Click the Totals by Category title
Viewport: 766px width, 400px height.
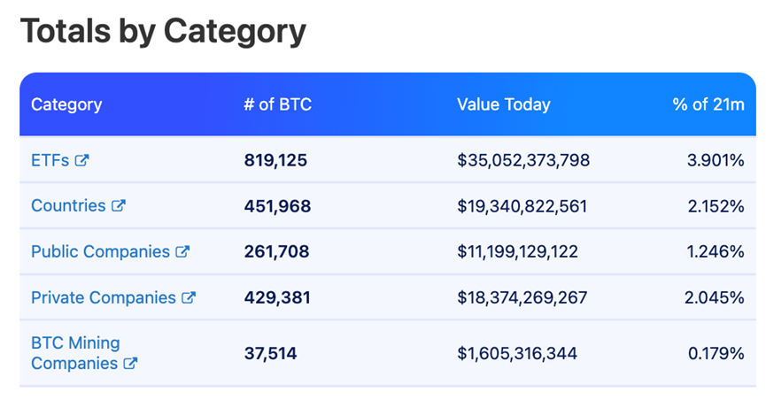163,32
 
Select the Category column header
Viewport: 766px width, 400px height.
66,104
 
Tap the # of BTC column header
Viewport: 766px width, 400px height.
278,104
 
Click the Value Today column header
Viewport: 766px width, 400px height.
503,104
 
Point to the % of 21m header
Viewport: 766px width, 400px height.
708,104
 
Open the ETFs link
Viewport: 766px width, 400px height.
50,160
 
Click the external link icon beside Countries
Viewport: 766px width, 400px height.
118,205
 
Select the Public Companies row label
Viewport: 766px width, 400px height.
100,251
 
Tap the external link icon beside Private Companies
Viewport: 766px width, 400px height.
188,297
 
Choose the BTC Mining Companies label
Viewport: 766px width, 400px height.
75,352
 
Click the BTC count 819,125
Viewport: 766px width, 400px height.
275,160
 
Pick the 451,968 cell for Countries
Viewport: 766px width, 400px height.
277,206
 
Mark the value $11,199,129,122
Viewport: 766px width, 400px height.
517,251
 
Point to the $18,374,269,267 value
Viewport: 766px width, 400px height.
522,297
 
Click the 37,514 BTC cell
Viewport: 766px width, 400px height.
270,353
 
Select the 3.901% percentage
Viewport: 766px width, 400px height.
715,160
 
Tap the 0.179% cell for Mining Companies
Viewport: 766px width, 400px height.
716,353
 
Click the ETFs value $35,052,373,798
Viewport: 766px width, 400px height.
523,160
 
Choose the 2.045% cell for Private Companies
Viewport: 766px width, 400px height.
714,297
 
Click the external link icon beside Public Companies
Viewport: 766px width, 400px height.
182,251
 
